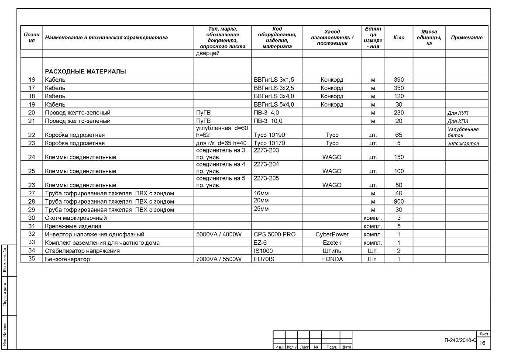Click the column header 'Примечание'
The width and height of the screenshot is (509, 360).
tap(467, 38)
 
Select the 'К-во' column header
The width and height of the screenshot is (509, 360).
tap(399, 38)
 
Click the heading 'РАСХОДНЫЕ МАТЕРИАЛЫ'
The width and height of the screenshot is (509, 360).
tap(86, 72)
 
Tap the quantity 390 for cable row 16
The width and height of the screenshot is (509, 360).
tap(399, 80)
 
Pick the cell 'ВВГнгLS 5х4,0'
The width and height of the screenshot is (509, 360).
tap(274, 104)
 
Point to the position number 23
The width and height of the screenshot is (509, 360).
tap(31, 143)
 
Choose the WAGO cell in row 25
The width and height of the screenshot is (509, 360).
tap(332, 171)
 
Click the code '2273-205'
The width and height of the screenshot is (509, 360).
tap(266, 178)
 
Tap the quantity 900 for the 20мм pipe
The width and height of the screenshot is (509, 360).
tap(399, 201)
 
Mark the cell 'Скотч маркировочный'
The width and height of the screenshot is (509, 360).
tap(76, 218)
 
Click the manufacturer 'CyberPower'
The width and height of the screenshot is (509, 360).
tap(332, 234)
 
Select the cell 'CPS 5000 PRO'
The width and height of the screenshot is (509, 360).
tap(275, 234)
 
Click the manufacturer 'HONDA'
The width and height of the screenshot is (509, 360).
tap(332, 259)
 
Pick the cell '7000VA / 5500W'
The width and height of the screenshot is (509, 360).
tap(219, 259)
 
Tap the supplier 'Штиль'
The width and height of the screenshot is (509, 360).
tap(332, 251)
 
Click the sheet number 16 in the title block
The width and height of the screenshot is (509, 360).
tap(482, 343)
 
